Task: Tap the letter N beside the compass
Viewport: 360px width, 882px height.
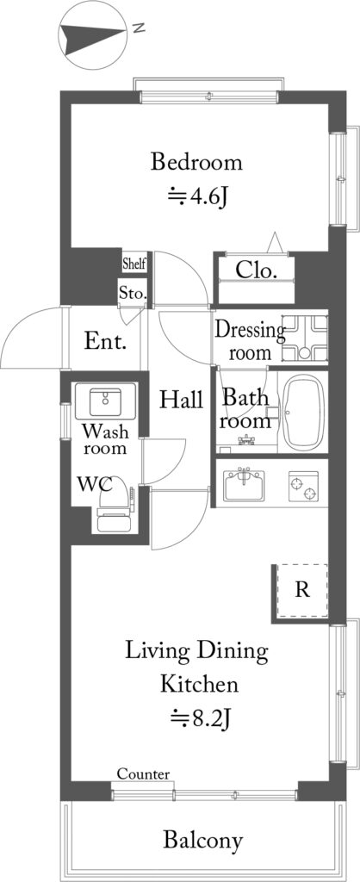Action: click(x=139, y=28)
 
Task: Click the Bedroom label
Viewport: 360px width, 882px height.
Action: click(x=197, y=163)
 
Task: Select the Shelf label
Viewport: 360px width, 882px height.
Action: click(x=134, y=263)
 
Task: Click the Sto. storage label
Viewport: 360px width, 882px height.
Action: click(x=133, y=293)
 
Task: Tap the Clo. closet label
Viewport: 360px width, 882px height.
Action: click(x=257, y=270)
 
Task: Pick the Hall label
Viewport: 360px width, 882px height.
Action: click(x=181, y=400)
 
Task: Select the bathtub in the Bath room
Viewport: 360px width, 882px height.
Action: click(x=302, y=413)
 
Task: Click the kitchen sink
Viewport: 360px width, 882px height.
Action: click(x=245, y=486)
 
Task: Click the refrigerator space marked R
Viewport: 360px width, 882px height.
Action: click(x=302, y=591)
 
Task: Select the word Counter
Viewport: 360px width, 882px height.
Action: click(x=144, y=774)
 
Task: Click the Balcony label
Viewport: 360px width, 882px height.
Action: click(x=203, y=841)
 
